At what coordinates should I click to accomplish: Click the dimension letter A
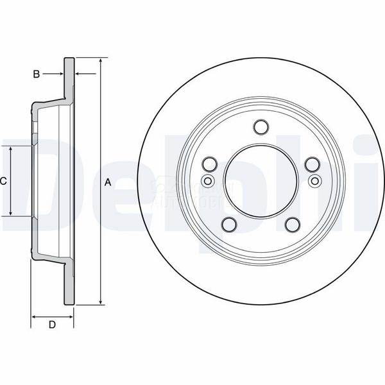(x=108, y=183)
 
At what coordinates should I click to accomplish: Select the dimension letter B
(x=37, y=74)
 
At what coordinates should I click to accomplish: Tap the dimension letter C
(x=3, y=182)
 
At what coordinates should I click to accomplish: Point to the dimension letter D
(x=53, y=325)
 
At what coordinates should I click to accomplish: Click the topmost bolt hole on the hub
(x=260, y=126)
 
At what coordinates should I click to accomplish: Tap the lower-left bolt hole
(x=228, y=225)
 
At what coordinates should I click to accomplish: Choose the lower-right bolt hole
(x=293, y=225)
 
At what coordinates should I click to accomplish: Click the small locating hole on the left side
(x=207, y=182)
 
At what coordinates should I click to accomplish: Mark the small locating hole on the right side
(x=314, y=182)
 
